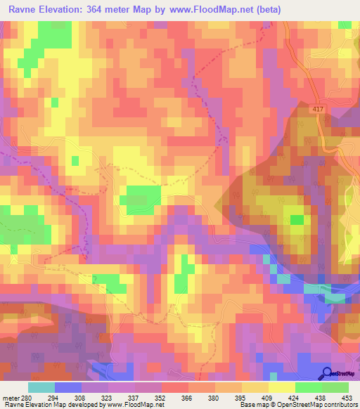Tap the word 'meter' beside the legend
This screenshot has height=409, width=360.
(12, 396)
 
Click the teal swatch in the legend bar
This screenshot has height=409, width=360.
(41, 387)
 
